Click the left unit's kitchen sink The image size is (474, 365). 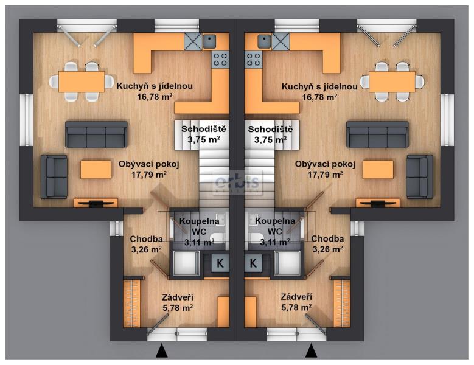209,41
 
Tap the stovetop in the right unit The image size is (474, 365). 254,59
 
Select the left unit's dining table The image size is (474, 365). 82,82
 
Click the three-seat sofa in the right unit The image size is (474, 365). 377,134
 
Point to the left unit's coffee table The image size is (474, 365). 96,170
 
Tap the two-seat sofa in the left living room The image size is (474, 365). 54,177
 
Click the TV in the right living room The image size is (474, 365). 378,203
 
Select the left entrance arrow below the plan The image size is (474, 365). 162,350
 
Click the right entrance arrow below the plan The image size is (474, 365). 311,350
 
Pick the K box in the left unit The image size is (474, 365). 220,263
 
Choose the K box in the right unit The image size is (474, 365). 253,263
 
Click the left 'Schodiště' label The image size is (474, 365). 203,129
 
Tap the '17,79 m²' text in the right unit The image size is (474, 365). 325,175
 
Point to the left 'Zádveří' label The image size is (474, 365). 178,297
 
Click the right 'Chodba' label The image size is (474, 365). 327,238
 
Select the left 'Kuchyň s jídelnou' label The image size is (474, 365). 155,86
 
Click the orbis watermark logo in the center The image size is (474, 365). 237,182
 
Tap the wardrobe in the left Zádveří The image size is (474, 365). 132,304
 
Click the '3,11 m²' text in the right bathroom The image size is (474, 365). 275,242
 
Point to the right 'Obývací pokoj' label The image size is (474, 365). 325,164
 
